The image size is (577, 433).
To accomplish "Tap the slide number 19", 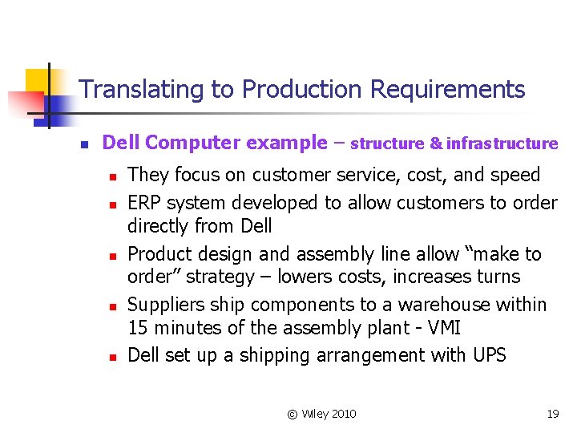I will pyautogui.click(x=552, y=414).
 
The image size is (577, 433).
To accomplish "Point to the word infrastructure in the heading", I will pyautogui.click(x=502, y=144).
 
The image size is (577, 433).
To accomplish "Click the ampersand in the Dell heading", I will pyautogui.click(x=436, y=144).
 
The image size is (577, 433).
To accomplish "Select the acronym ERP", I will pyautogui.click(x=145, y=203).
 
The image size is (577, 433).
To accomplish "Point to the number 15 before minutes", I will pyautogui.click(x=138, y=328).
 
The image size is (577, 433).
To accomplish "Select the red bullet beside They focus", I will pyautogui.click(x=114, y=176).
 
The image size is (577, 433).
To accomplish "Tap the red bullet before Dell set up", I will pyautogui.click(x=114, y=356).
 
